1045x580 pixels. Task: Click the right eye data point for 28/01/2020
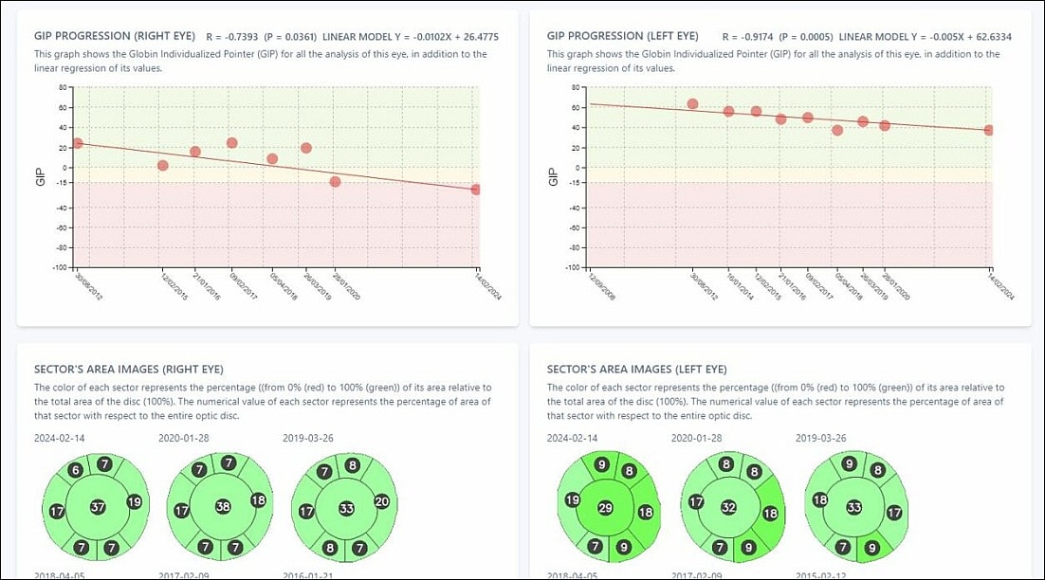(x=335, y=181)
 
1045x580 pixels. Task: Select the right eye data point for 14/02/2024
(x=475, y=190)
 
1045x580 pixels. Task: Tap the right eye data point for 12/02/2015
(x=162, y=166)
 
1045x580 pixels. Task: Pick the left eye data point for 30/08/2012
(x=692, y=104)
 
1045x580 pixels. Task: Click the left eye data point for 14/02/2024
(x=989, y=130)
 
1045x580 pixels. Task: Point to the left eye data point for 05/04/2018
(x=836, y=130)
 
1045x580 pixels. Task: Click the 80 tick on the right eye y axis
(x=63, y=87)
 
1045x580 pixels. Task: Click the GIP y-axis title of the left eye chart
(x=553, y=176)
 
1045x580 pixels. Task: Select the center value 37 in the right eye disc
(x=98, y=507)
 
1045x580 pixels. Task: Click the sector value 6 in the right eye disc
(x=77, y=470)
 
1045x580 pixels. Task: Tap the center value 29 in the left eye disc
(x=606, y=508)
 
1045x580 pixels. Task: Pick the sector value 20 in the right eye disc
(x=382, y=501)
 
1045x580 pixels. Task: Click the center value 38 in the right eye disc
(x=222, y=507)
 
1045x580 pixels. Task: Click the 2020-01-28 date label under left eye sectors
(x=696, y=439)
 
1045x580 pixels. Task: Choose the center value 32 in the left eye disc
(x=728, y=507)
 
